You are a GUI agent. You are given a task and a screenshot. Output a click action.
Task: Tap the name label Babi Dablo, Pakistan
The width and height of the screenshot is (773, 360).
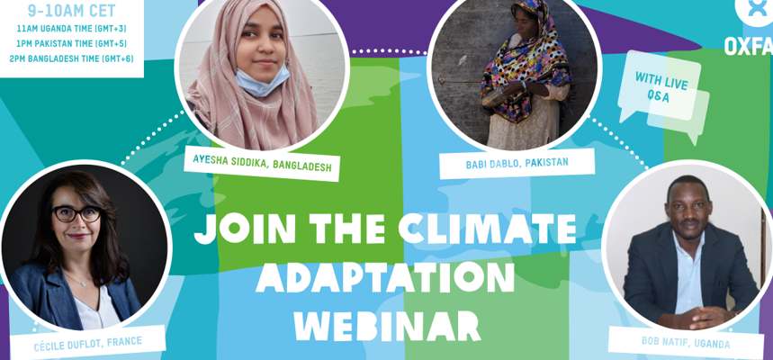point(517,164)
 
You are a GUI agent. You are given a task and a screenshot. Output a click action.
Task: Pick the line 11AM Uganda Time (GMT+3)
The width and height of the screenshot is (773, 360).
point(71,29)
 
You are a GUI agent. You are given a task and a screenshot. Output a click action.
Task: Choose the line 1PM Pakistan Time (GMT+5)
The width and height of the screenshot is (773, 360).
point(71,44)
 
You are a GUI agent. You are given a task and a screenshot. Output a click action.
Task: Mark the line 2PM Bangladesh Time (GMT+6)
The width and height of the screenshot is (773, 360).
point(71,59)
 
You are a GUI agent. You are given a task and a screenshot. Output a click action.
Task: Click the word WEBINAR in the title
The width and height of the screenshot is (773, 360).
point(391,325)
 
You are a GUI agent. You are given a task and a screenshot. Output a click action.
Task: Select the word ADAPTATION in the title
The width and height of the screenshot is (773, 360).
point(384,279)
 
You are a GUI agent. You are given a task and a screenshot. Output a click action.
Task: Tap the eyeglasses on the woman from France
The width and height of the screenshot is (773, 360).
point(76,213)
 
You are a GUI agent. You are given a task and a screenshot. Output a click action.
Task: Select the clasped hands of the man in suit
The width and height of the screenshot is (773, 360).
point(699,317)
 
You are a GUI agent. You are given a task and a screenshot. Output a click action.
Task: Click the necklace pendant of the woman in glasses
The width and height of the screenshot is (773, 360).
point(84,283)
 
